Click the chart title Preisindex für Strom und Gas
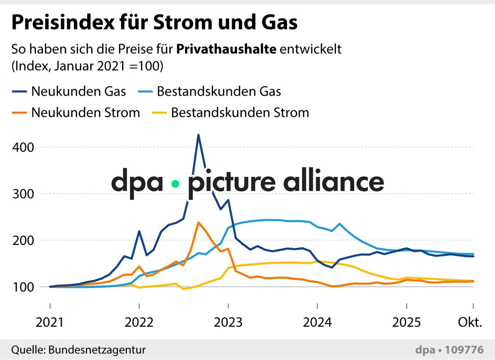[155, 23]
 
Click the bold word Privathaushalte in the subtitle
[226, 49]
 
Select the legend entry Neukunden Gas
[79, 92]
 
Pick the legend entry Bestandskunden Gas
[219, 92]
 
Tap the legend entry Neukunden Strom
[85, 113]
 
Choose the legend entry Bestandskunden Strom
[240, 113]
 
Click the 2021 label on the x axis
[50, 322]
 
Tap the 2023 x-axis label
[228, 322]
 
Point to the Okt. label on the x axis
[470, 322]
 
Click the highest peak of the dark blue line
[198, 135]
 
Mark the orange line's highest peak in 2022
[198, 222]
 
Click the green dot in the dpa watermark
[176, 184]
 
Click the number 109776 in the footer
[464, 350]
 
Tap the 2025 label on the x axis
[406, 322]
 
